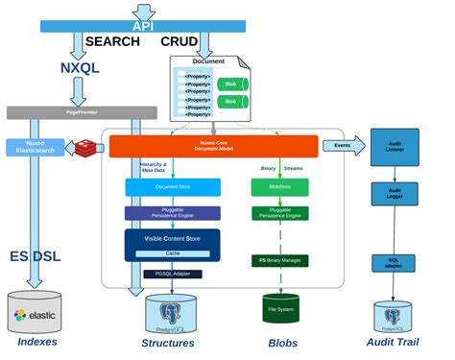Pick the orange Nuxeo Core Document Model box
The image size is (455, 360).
pyautogui.click(x=213, y=146)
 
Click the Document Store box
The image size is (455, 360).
pyautogui.click(x=172, y=187)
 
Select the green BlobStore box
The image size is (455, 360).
pyautogui.click(x=278, y=187)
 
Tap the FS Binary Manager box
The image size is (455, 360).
pyautogui.click(x=278, y=260)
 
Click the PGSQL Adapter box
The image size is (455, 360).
pyautogui.click(x=172, y=274)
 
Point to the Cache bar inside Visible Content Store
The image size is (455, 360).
pyautogui.click(x=172, y=252)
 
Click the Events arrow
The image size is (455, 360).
pyautogui.click(x=347, y=145)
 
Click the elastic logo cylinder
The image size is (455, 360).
pyautogui.click(x=36, y=312)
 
